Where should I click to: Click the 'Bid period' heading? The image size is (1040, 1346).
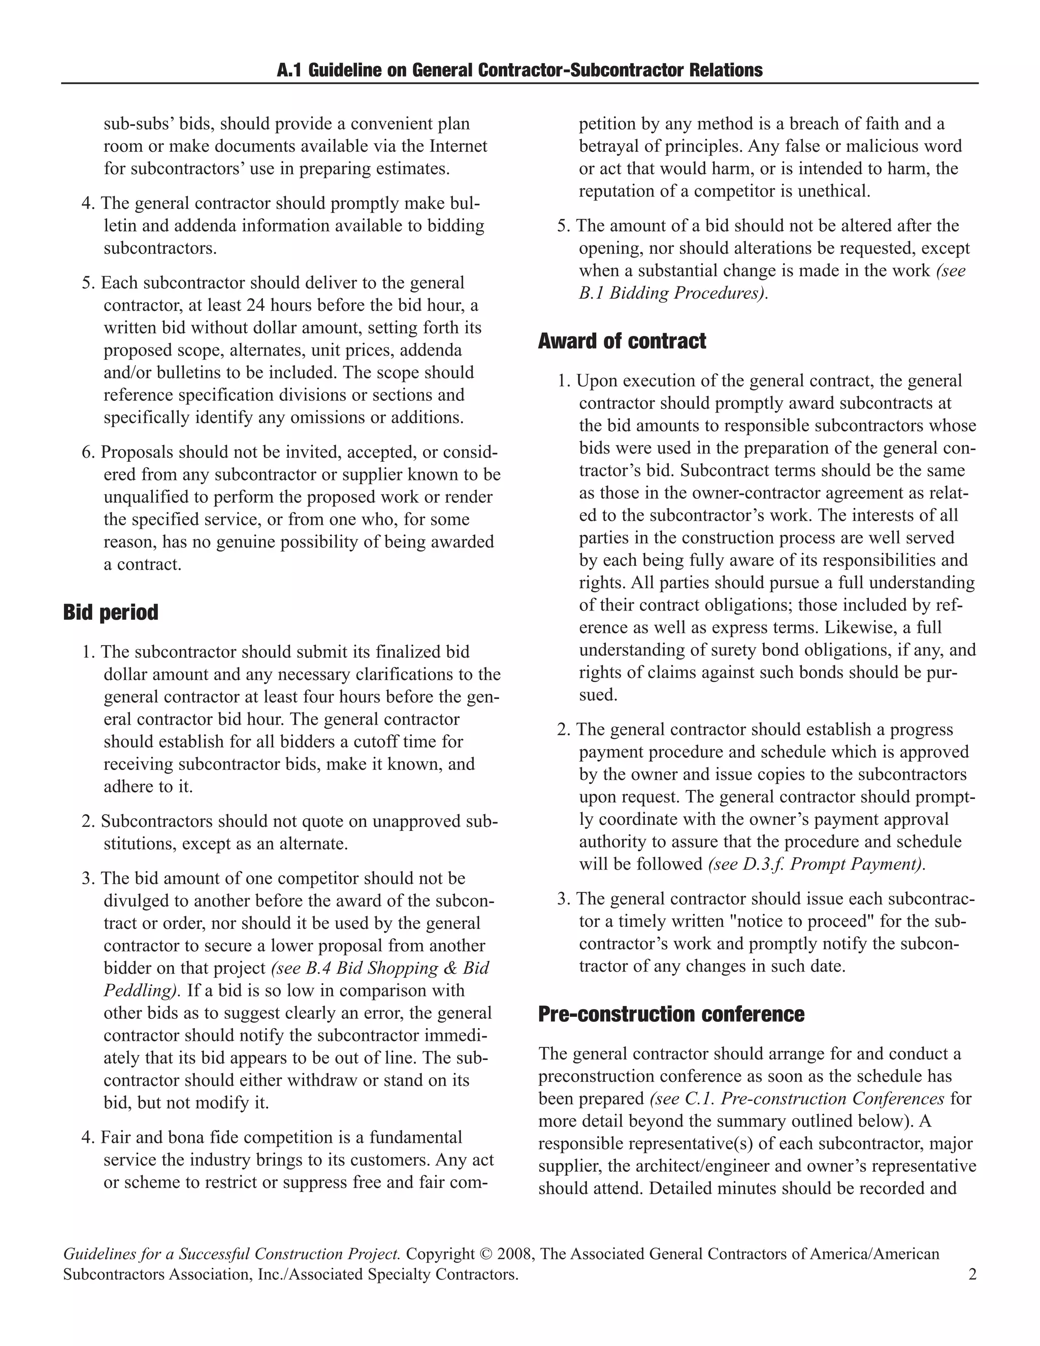point(111,613)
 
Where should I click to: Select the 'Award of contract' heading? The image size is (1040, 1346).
point(622,341)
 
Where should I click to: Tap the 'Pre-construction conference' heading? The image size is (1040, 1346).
point(671,1014)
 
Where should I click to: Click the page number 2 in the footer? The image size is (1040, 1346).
point(972,1274)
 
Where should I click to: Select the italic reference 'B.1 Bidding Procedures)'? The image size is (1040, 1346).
point(673,294)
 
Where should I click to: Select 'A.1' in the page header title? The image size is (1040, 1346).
point(289,70)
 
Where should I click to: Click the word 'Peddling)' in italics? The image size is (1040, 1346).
point(142,990)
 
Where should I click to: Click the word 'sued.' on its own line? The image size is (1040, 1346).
point(598,695)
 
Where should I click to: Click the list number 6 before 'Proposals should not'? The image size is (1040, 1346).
point(87,453)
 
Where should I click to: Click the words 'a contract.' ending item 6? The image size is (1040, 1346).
point(142,564)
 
